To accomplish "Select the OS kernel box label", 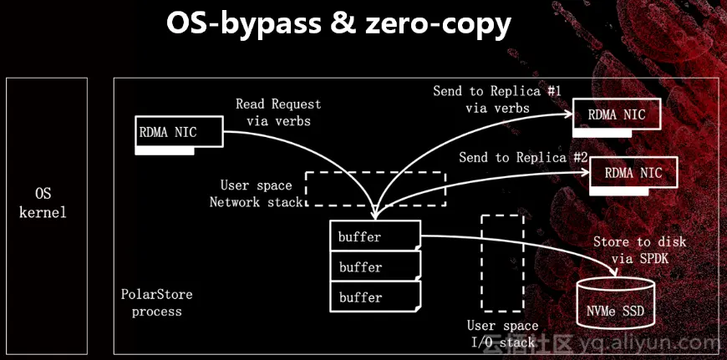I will pyautogui.click(x=45, y=203).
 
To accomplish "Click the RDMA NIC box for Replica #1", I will pyautogui.click(x=617, y=114).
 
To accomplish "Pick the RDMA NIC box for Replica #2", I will pyautogui.click(x=633, y=173).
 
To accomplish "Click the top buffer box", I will pyautogui.click(x=374, y=236).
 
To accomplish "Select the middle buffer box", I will pyautogui.click(x=374, y=267).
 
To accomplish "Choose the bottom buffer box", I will pyautogui.click(x=374, y=297).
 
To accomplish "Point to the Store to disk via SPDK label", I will pyautogui.click(x=639, y=250).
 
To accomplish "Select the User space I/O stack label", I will pyautogui.click(x=501, y=333).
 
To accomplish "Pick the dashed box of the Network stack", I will pyautogui.click(x=375, y=189).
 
